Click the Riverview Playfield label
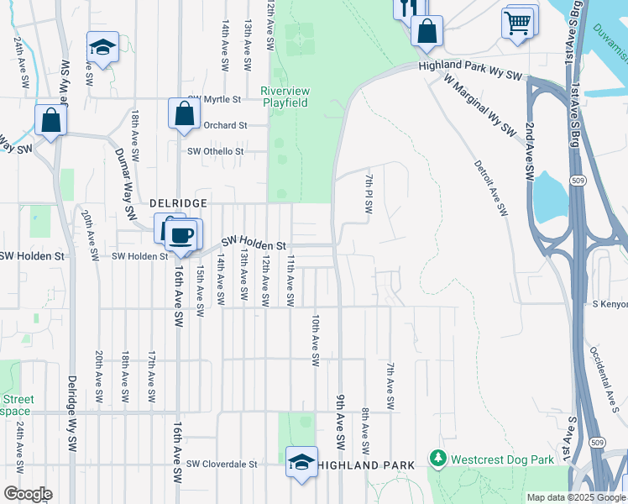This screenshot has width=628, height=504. click(x=285, y=97)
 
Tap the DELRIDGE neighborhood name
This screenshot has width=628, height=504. click(x=177, y=203)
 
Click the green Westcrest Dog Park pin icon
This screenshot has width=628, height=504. click(x=437, y=459)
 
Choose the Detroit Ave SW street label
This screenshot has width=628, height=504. click(x=491, y=188)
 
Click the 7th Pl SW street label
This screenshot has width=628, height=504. click(x=368, y=194)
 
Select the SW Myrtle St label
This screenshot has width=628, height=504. click(x=213, y=99)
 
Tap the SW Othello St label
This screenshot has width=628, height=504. click(x=215, y=151)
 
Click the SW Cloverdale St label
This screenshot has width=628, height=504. click(x=222, y=464)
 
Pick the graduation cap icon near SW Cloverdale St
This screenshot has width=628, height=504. click(x=301, y=462)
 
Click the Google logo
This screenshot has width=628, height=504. click(x=28, y=494)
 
